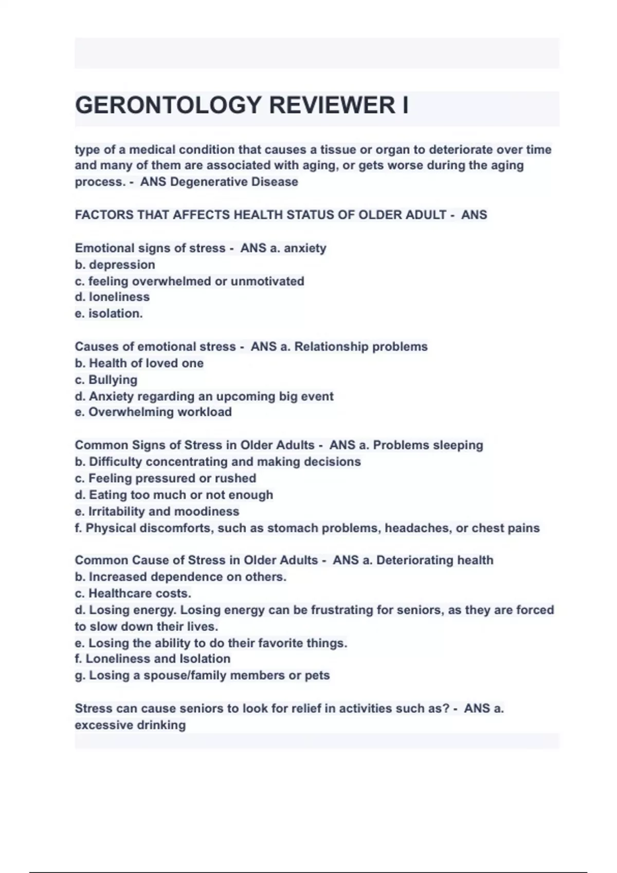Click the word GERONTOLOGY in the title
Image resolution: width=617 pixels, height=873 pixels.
[x=169, y=105]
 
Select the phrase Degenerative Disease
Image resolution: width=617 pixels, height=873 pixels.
[x=234, y=182]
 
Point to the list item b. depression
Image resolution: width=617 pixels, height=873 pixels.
[x=115, y=265]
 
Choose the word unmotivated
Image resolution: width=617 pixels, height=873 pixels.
[x=267, y=281]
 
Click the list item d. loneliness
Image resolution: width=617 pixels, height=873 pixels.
[x=113, y=297]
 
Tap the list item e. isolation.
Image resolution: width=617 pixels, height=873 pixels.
[x=109, y=313]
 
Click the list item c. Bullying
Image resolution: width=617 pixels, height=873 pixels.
[x=106, y=379]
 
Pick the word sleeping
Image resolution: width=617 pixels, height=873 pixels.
[x=458, y=445]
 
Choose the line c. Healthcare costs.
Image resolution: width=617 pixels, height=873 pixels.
[x=133, y=593]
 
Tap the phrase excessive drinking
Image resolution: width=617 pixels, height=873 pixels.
[x=130, y=725]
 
